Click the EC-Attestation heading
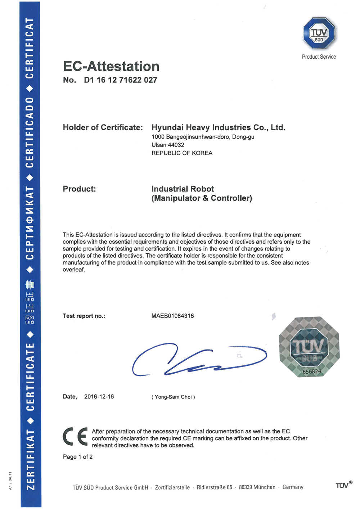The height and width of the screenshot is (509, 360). pyautogui.click(x=111, y=66)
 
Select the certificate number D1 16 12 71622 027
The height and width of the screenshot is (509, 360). pyautogui.click(x=120, y=80)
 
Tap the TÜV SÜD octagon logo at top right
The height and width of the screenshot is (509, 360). pyautogui.click(x=319, y=33)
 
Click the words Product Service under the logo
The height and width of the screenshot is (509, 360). pyautogui.click(x=319, y=57)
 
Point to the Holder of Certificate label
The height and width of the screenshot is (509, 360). pyautogui.click(x=103, y=127)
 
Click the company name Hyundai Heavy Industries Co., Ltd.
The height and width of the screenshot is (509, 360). pyautogui.click(x=218, y=127)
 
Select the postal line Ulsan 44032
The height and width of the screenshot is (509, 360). pyautogui.click(x=168, y=145)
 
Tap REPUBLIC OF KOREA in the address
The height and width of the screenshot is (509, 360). pyautogui.click(x=182, y=153)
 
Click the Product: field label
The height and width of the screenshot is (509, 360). pyautogui.click(x=79, y=189)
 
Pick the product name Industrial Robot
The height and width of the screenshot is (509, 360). pyautogui.click(x=183, y=189)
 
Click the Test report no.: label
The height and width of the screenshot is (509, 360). pyautogui.click(x=84, y=316)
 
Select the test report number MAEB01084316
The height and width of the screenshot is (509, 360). pyautogui.click(x=172, y=316)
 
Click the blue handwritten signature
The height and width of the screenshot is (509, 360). pyautogui.click(x=198, y=360)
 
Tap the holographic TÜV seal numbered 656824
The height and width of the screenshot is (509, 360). pyautogui.click(x=309, y=347)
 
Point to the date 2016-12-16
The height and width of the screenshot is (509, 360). pyautogui.click(x=99, y=397)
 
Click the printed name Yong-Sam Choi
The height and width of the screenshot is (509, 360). pyautogui.click(x=173, y=397)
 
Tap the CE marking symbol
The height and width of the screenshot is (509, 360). pyautogui.click(x=75, y=436)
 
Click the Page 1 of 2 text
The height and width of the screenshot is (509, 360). pyautogui.click(x=78, y=457)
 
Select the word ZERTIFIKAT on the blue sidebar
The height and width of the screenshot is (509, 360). pyautogui.click(x=31, y=459)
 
